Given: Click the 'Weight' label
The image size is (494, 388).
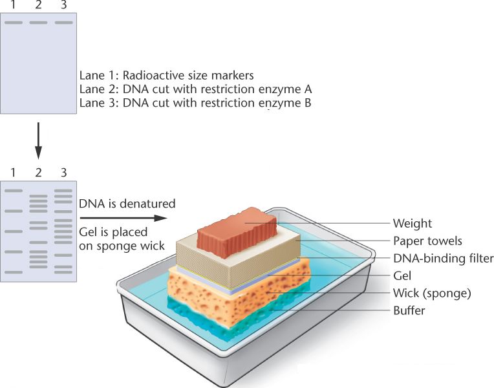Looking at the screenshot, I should (412, 224).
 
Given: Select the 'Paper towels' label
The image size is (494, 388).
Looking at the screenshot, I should (427, 241).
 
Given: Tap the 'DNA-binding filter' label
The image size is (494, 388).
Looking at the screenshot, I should (443, 259).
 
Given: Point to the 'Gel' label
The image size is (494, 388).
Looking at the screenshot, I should (402, 276).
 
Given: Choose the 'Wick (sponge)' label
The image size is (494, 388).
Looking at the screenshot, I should (432, 293).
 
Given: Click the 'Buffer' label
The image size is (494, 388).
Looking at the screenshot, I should (409, 310).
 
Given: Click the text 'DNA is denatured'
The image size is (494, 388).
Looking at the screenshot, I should (127, 204).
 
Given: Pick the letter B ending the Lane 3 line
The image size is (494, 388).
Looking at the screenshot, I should (307, 102).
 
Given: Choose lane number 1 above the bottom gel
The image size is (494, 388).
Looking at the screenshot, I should (13, 172).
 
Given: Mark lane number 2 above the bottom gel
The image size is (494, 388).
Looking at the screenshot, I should (38, 172).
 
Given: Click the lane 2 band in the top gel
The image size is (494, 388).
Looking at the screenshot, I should (38, 23).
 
